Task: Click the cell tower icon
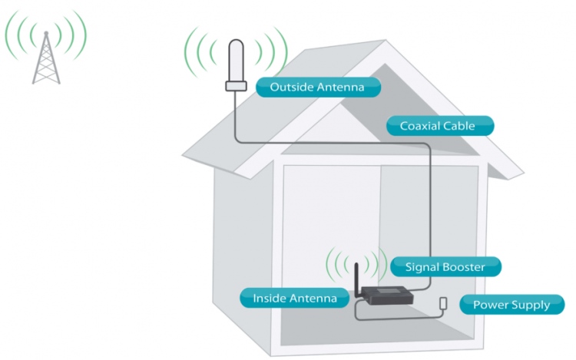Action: point(45,58)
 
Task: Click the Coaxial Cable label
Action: point(438,126)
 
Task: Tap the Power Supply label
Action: point(511,305)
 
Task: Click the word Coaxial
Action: point(419,126)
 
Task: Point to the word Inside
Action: point(270,298)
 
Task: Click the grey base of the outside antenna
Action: point(236,86)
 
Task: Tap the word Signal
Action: point(420,267)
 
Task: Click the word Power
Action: point(490,305)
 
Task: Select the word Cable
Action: point(459,126)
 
